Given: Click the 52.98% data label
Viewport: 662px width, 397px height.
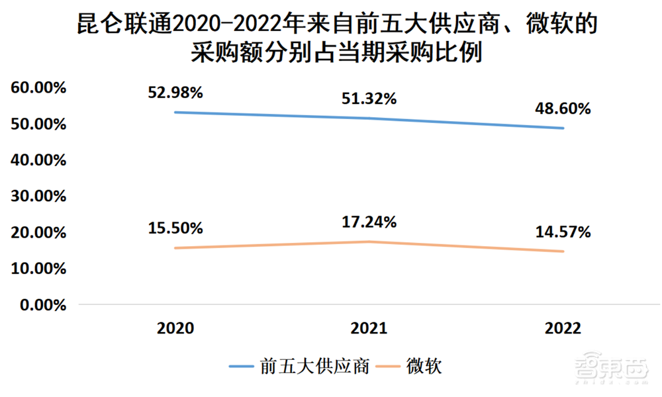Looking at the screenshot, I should (175, 93).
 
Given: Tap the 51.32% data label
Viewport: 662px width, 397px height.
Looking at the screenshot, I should (369, 99).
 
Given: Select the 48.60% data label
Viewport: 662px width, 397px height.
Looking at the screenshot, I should (563, 109).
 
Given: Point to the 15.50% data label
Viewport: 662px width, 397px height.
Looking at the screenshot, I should (175, 228).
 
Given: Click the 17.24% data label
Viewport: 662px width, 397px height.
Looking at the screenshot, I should (369, 222).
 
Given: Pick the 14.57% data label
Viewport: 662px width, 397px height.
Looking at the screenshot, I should (563, 232).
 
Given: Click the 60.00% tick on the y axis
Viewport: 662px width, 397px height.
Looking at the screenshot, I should (37, 88).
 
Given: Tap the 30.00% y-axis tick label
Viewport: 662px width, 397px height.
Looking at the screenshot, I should (37, 197).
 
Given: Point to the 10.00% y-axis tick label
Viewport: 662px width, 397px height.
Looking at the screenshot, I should (37, 269).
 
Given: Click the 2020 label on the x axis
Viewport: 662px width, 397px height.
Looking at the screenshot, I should (175, 328).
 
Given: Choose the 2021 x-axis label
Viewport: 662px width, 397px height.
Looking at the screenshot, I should (369, 328).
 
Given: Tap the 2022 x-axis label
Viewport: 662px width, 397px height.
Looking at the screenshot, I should (563, 328).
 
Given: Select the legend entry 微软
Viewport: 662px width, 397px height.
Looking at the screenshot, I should (424, 365).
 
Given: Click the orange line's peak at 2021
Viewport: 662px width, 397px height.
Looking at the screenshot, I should (369, 242).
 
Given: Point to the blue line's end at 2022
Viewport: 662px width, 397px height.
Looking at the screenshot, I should (563, 128).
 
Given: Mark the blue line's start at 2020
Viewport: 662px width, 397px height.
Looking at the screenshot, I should (175, 112).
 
